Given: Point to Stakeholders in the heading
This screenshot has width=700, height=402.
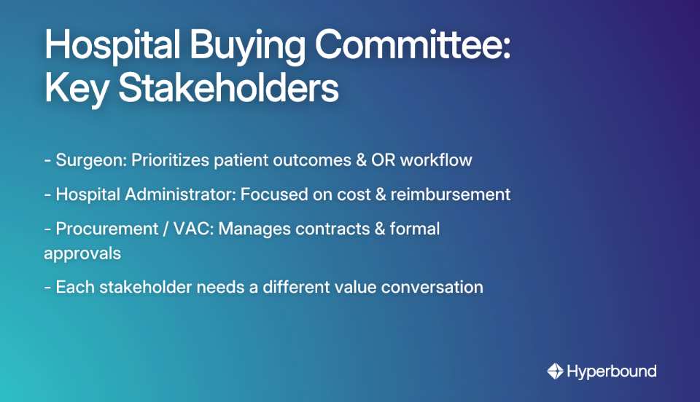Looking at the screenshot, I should coord(228,90).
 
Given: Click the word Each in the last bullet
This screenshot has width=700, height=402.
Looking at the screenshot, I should coord(71,287).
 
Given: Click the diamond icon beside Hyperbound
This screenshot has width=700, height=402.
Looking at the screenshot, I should coord(556,371).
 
